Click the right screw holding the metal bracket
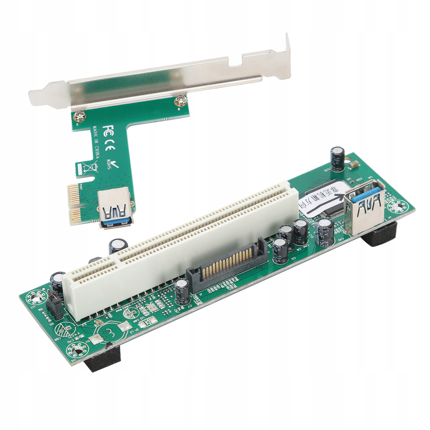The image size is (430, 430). click(x=178, y=102)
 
